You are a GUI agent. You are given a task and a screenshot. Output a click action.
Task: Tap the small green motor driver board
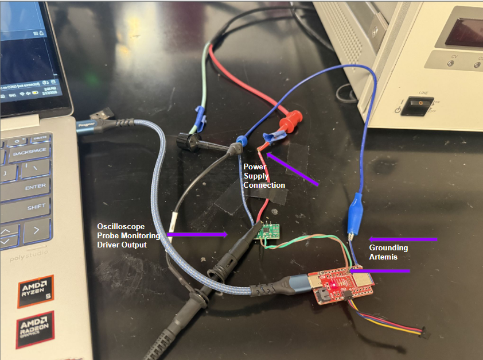pos(267,233)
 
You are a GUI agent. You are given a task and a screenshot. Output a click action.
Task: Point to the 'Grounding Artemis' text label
pos(388,252)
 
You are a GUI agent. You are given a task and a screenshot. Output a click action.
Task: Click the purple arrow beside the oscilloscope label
pos(197,234)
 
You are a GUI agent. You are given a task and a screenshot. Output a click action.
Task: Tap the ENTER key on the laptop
pos(34,187)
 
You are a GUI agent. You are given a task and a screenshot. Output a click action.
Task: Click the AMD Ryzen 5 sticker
pos(35,292)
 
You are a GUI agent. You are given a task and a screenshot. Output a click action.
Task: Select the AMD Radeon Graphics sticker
pos(34,330)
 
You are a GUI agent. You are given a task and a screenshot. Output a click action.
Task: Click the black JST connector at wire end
pos(425,332)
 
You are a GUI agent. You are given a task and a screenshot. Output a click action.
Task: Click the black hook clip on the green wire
pos(189,141)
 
